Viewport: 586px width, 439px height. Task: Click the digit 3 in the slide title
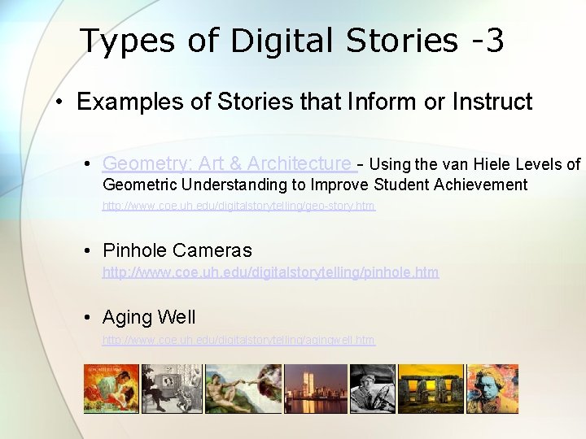(x=493, y=41)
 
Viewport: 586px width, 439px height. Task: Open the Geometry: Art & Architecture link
(x=227, y=163)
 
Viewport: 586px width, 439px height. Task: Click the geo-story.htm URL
(x=238, y=206)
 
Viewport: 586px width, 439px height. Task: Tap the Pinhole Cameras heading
(x=177, y=250)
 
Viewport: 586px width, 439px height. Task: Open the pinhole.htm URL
(x=270, y=272)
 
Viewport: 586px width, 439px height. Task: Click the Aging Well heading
(x=149, y=317)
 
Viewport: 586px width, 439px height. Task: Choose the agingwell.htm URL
(x=238, y=339)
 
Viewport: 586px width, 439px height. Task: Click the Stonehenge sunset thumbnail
(x=431, y=389)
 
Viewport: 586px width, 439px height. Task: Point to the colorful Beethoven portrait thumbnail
(x=492, y=389)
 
